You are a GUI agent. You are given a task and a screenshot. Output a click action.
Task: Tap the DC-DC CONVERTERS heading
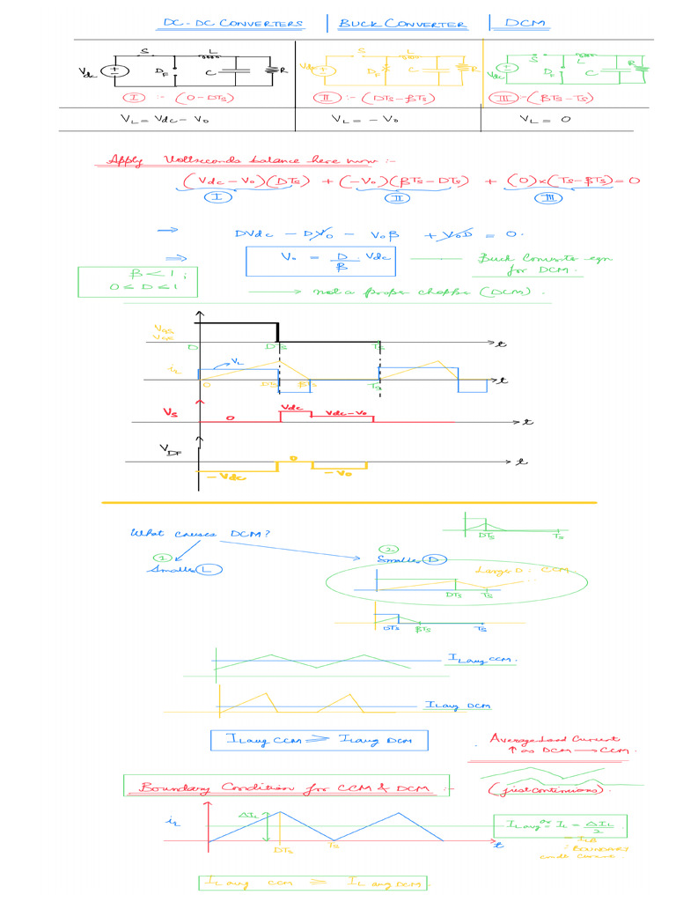pos(233,24)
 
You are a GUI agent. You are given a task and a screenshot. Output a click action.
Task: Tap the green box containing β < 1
pos(123,280)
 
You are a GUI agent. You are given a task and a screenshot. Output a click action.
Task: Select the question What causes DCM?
pos(200,534)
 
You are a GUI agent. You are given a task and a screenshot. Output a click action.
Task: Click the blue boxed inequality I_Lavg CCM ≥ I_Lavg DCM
pos(319,741)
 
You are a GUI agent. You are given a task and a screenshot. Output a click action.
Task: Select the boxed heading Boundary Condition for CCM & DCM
pos(288,787)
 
